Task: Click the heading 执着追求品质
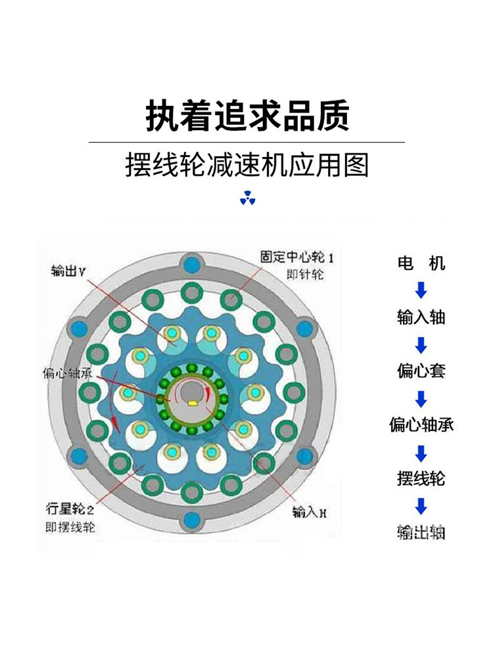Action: click(246, 116)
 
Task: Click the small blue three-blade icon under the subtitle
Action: click(247, 198)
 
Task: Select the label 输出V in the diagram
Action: click(68, 270)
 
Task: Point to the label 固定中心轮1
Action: click(292, 256)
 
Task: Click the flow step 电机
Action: click(421, 264)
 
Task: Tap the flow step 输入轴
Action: click(421, 317)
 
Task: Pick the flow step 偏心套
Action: click(421, 371)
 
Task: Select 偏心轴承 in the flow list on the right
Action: click(421, 425)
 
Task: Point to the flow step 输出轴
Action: click(421, 532)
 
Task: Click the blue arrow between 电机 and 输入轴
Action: click(421, 290)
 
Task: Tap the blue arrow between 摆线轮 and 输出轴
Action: click(421, 506)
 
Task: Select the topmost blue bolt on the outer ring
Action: click(193, 265)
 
